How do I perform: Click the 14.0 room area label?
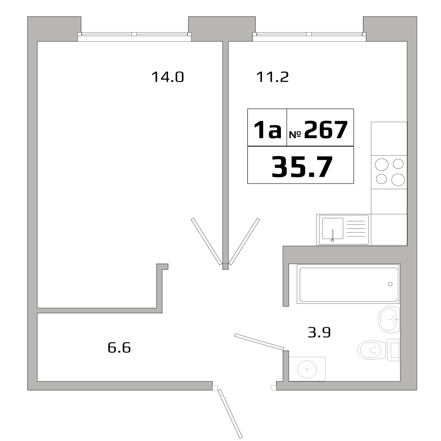(167, 78)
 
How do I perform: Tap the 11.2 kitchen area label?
(272, 78)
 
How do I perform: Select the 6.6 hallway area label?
(119, 348)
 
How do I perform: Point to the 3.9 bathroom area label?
(319, 332)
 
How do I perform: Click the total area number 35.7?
(302, 166)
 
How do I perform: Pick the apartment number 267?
(323, 130)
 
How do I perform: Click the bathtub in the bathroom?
(348, 284)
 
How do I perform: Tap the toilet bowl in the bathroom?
(370, 351)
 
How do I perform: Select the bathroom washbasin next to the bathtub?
(389, 318)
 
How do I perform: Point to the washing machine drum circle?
(306, 369)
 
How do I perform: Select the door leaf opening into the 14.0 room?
(206, 241)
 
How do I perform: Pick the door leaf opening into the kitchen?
(244, 241)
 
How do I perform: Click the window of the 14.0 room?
(135, 35)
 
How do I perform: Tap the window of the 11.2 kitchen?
(309, 35)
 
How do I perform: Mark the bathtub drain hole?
(390, 284)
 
